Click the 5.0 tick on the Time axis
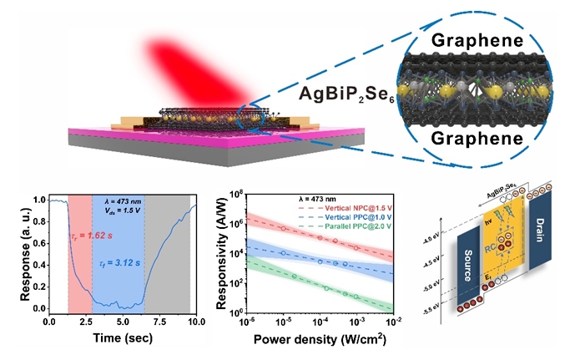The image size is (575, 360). click(x=124, y=322)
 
